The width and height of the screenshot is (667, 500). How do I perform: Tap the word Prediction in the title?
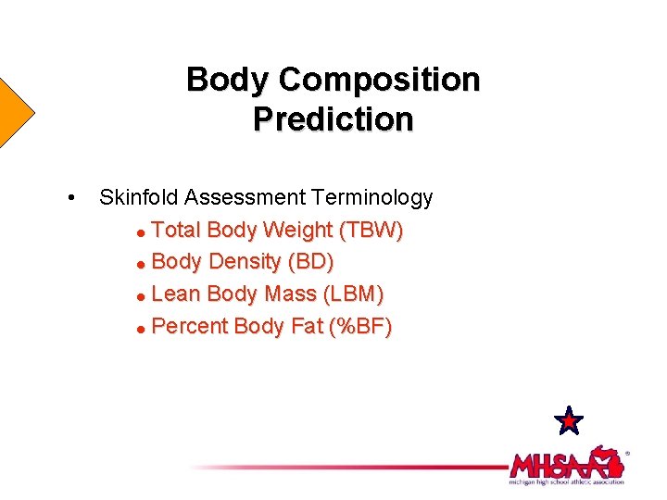click(333, 119)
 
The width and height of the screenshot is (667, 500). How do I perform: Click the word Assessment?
click(245, 197)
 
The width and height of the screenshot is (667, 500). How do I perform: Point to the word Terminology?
click(372, 197)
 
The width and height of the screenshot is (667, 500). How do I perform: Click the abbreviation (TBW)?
click(371, 230)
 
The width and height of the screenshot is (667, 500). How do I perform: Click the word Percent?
click(189, 327)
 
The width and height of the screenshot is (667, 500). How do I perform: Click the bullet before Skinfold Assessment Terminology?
click(71, 198)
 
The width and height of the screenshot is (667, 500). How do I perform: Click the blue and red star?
click(568, 421)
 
